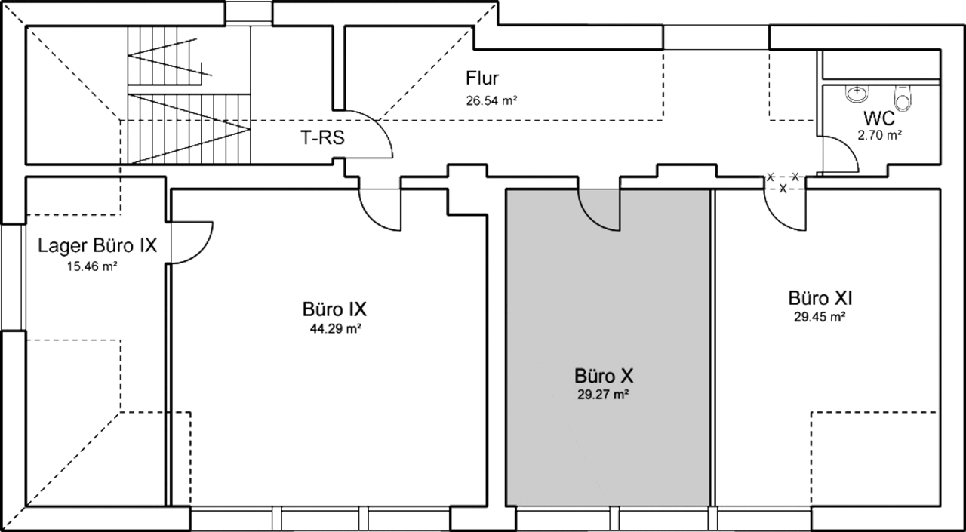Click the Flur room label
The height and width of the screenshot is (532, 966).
pyautogui.click(x=482, y=78)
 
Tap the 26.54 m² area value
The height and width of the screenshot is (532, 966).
pyautogui.click(x=491, y=101)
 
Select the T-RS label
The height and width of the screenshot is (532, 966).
pyautogui.click(x=322, y=138)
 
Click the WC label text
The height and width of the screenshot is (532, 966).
pyautogui.click(x=879, y=118)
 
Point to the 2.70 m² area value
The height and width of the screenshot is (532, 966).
pyautogui.click(x=880, y=135)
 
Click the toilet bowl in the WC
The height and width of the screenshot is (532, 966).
pyautogui.click(x=903, y=98)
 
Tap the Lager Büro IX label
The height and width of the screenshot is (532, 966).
pyautogui.click(x=97, y=246)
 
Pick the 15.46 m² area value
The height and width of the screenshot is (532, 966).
pyautogui.click(x=92, y=266)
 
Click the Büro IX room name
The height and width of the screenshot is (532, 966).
pyautogui.click(x=334, y=309)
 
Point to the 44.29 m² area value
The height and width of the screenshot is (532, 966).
pyautogui.click(x=336, y=329)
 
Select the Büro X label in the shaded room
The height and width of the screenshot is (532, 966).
pyautogui.click(x=604, y=376)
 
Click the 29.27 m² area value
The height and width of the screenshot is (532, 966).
pyautogui.click(x=603, y=395)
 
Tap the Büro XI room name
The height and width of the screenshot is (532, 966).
pyautogui.click(x=820, y=298)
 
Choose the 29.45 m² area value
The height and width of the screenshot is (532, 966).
pyautogui.click(x=820, y=317)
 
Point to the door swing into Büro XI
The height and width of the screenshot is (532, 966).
pyautogui.click(x=774, y=220)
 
